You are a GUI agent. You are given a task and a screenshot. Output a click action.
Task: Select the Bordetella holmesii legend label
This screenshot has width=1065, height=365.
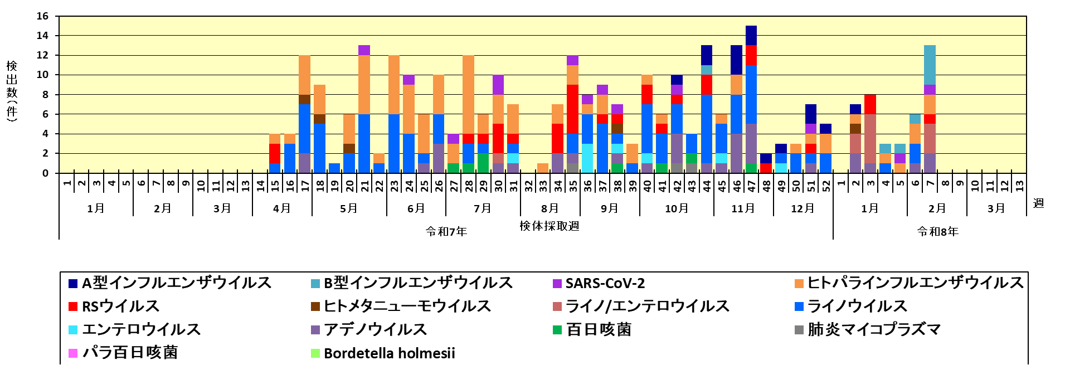[x=389, y=353]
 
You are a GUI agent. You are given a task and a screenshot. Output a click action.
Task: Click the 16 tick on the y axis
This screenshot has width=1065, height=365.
[x=43, y=16]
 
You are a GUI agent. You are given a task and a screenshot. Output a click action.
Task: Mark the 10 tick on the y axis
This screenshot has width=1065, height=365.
[x=43, y=75]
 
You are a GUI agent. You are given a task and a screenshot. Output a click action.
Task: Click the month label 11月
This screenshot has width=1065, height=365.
[x=743, y=208]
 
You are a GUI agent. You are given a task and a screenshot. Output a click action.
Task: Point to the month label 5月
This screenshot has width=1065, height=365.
[x=349, y=208]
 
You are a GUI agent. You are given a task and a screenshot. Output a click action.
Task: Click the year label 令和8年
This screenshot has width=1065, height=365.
[x=937, y=231]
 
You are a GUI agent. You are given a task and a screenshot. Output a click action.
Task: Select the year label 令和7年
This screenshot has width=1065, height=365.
[x=446, y=231]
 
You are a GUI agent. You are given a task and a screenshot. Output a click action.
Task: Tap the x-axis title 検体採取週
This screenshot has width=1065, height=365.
[x=549, y=226]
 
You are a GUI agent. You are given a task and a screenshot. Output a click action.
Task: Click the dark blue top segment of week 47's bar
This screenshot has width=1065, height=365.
[x=751, y=36]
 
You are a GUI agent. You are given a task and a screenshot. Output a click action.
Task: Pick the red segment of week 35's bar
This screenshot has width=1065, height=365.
[x=573, y=109]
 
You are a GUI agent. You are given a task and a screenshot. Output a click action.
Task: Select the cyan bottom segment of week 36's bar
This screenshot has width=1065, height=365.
[x=587, y=158]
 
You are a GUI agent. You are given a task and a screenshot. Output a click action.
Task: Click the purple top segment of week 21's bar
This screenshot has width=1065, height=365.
[x=364, y=50]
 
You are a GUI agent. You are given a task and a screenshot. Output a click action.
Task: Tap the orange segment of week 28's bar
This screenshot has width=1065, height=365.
[x=468, y=95]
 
